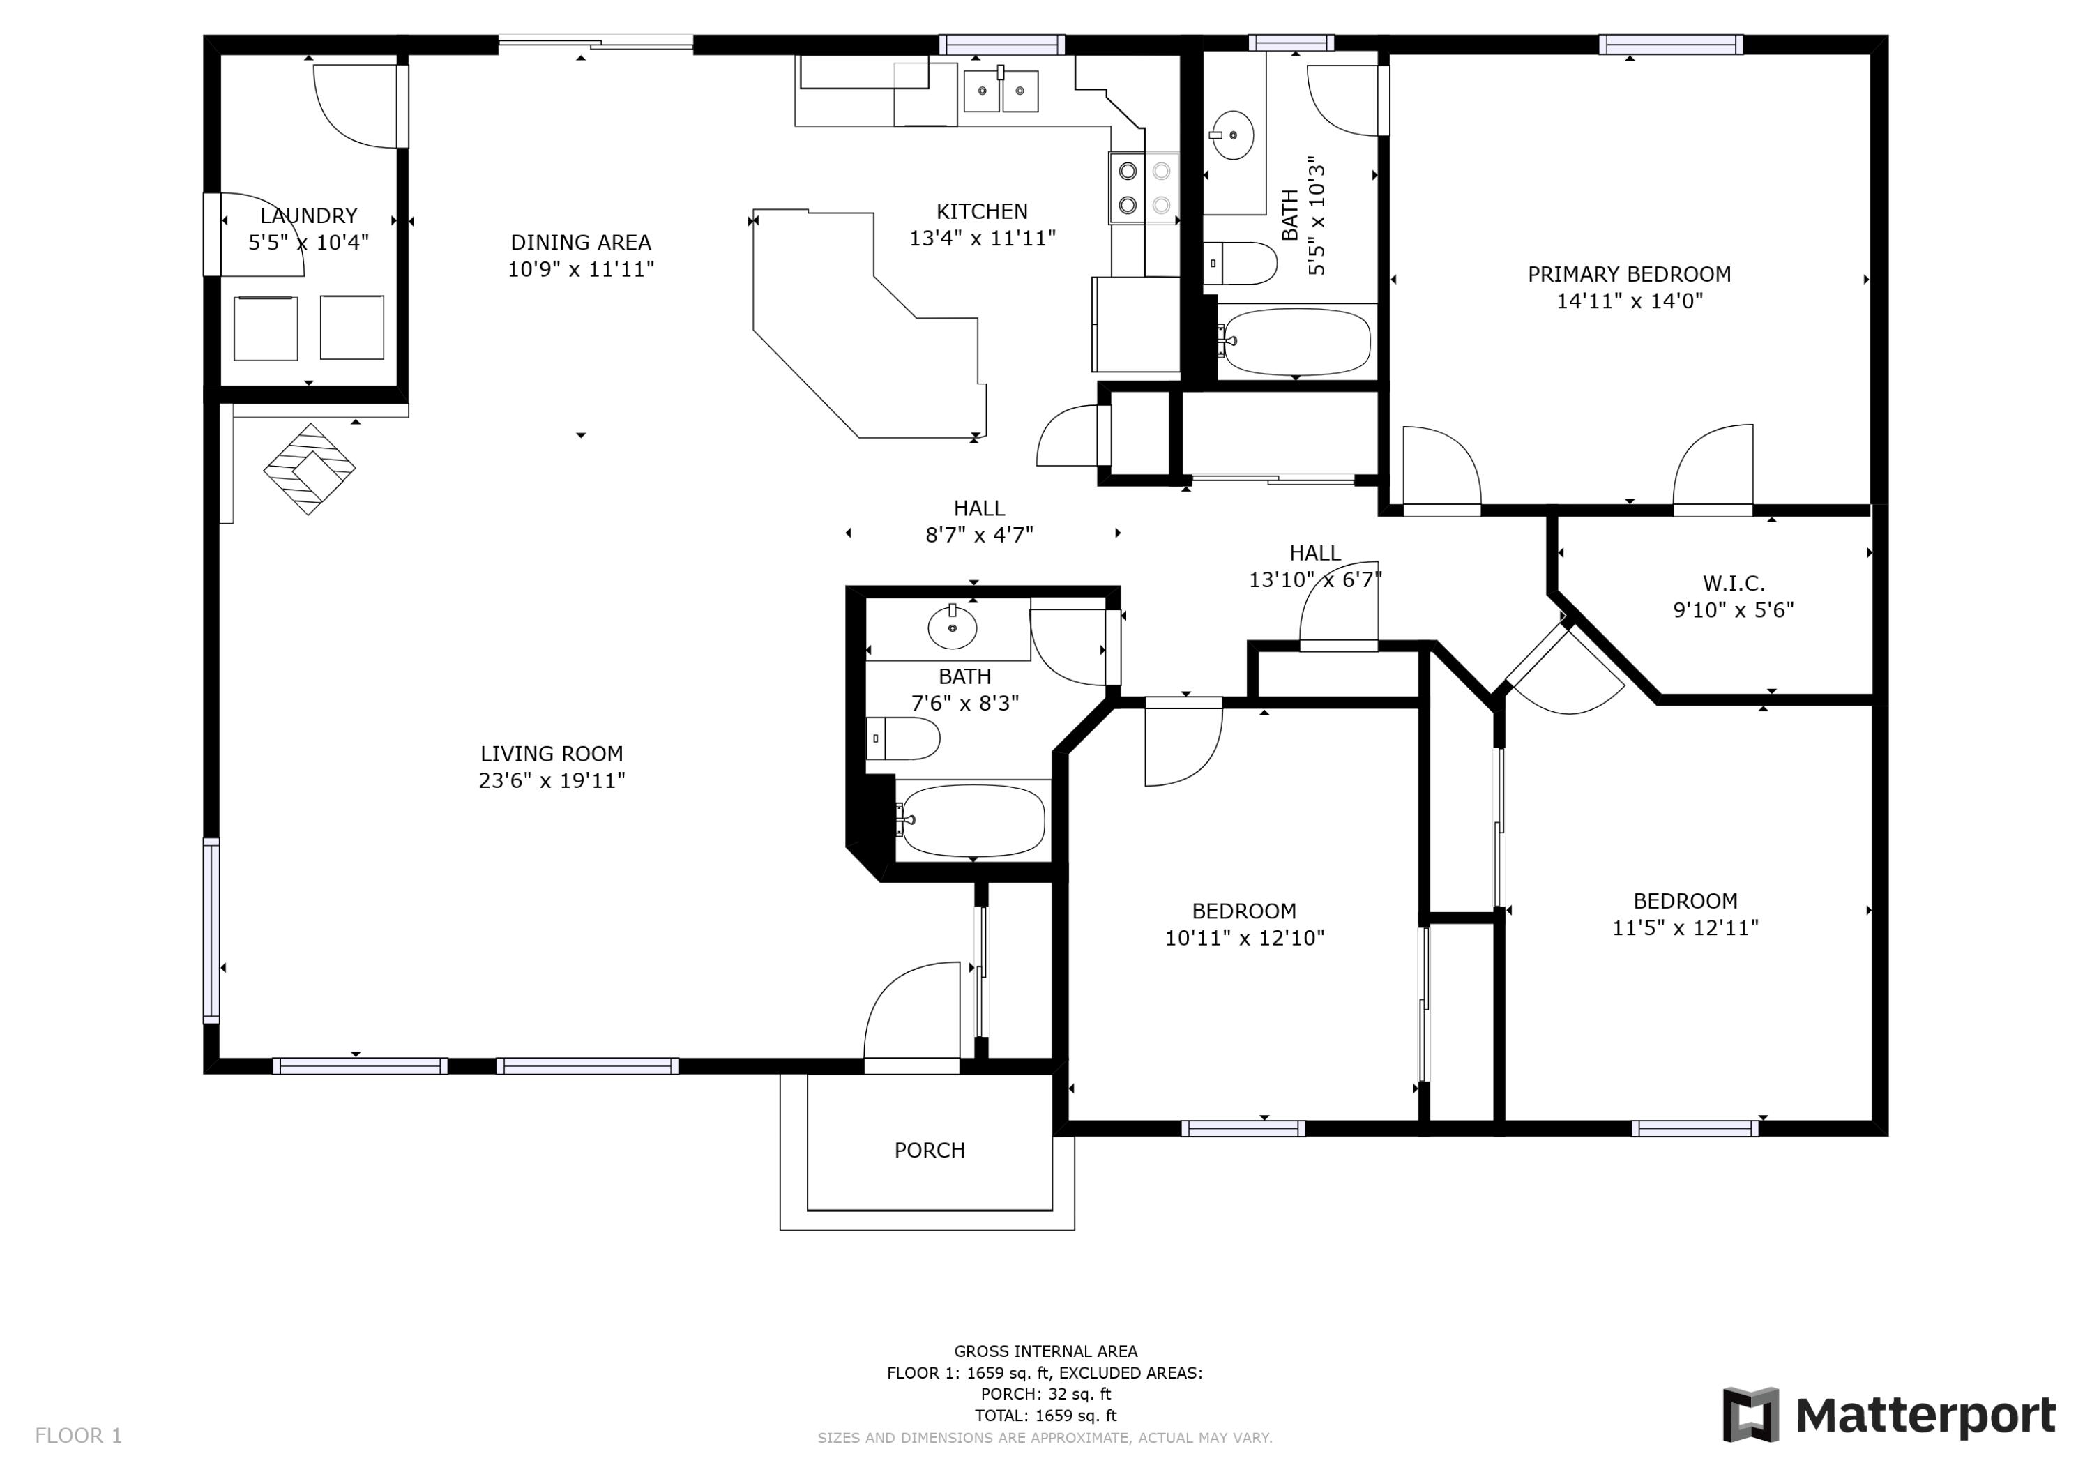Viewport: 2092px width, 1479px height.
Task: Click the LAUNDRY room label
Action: point(308,216)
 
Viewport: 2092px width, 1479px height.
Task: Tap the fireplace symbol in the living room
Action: point(309,469)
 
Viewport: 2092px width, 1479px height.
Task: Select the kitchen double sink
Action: point(1001,90)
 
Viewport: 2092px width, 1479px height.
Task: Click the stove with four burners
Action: point(1144,188)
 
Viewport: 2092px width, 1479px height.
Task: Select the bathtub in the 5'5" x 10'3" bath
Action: point(1296,342)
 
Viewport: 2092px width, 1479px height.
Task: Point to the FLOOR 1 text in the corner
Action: point(78,1436)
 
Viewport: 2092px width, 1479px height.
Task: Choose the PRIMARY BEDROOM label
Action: point(1629,274)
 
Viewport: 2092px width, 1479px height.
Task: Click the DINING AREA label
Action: point(580,243)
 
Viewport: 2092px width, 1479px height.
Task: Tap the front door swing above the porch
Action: point(911,1012)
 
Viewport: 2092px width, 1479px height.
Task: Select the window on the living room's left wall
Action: point(211,930)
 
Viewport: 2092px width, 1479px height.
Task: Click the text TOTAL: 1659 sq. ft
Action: point(1045,1416)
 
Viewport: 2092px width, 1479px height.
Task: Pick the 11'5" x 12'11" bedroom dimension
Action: point(1685,927)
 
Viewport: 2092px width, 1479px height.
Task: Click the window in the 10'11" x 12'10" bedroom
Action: point(1243,1128)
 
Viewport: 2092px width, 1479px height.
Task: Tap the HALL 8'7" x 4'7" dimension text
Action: point(980,535)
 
